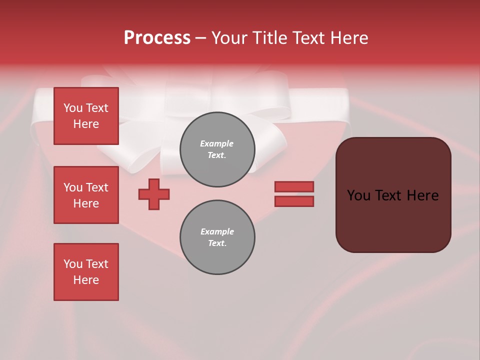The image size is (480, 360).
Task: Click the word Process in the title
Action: [x=157, y=38]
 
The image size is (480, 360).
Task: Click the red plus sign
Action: [x=154, y=194]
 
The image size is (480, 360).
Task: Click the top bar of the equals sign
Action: [x=294, y=186]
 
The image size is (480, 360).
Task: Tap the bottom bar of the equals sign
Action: [x=294, y=201]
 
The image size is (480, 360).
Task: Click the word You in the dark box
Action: [x=358, y=195]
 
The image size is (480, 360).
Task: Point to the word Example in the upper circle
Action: [x=217, y=143]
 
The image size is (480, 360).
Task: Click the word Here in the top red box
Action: [x=86, y=124]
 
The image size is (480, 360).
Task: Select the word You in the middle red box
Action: [x=72, y=187]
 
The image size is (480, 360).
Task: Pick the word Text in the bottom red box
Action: [x=96, y=264]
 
